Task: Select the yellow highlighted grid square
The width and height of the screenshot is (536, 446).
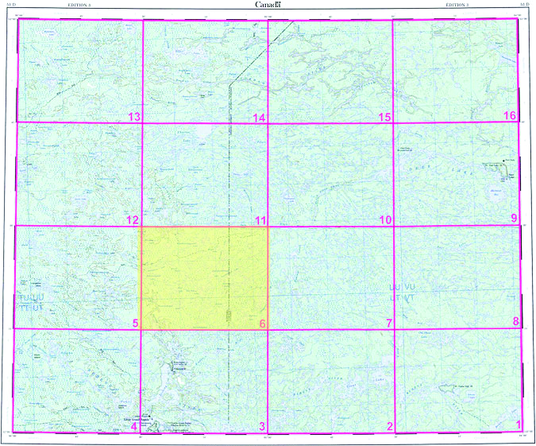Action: click(204, 277)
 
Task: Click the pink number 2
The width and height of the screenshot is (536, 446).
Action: click(390, 427)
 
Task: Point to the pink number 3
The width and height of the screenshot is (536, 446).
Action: click(262, 427)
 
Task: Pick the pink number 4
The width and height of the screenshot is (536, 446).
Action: click(134, 427)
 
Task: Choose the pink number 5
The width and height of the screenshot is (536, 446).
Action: click(135, 324)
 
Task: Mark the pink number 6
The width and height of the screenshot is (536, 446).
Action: click(262, 324)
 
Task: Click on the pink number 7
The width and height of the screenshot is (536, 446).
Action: click(389, 324)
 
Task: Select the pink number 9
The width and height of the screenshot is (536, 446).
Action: click(514, 219)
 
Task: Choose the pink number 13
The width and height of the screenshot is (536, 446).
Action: click(134, 118)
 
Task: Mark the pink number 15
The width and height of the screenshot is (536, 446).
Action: click(385, 118)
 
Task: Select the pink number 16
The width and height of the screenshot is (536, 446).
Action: click(511, 117)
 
